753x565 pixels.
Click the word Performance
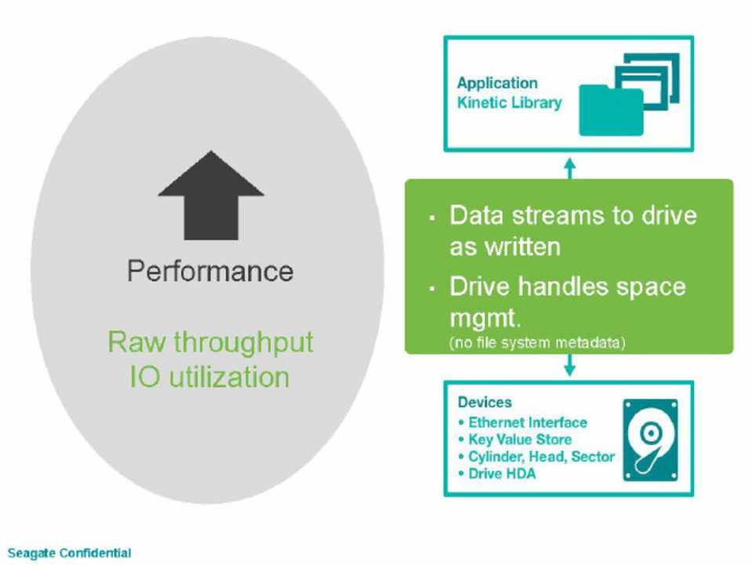(210, 272)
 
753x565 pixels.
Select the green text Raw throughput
(210, 342)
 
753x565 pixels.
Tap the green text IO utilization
(210, 377)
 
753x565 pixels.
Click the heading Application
(497, 83)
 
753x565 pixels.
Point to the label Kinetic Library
(510, 103)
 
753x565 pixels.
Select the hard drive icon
(649, 439)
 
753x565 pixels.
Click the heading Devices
(485, 403)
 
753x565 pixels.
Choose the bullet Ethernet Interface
(526, 422)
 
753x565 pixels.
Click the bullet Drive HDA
(501, 474)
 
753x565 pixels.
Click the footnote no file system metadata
(537, 343)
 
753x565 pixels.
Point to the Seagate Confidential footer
(69, 553)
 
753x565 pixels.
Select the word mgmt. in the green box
(486, 319)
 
